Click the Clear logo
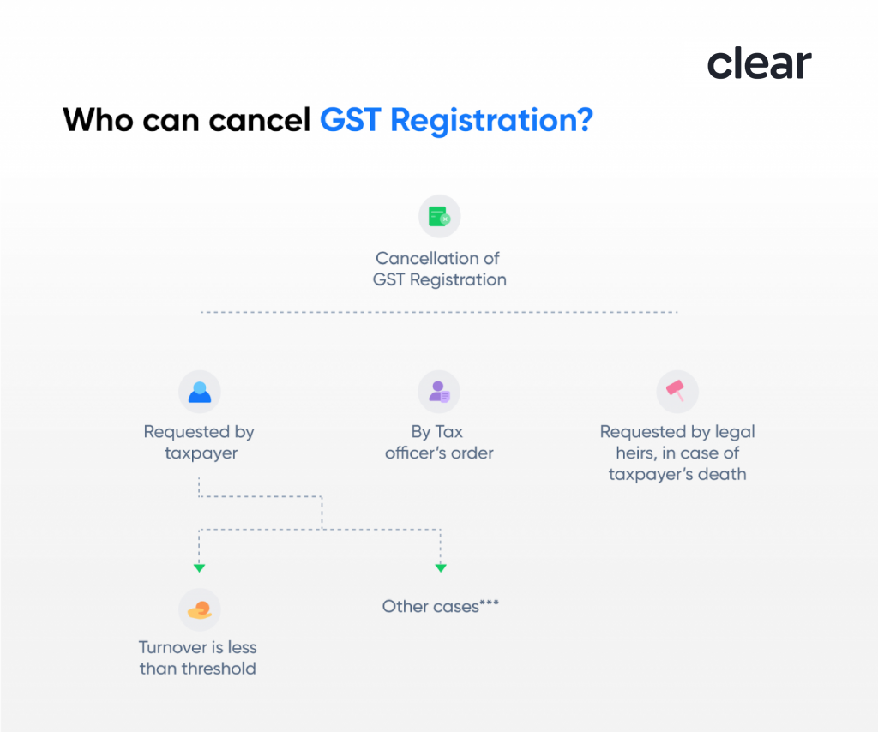coord(759,64)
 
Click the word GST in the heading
coord(350,119)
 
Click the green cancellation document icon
coord(439,216)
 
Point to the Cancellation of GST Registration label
coord(439,269)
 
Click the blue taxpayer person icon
coord(199,392)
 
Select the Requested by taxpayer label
coord(199,442)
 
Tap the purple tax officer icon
coord(439,392)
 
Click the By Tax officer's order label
coord(439,442)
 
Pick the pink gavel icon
coord(677,392)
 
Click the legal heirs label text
coord(677,453)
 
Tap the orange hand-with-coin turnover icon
coord(199,609)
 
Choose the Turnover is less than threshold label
coord(198,658)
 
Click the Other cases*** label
coord(440,607)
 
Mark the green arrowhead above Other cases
coord(441,567)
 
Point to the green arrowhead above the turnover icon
coord(199,567)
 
